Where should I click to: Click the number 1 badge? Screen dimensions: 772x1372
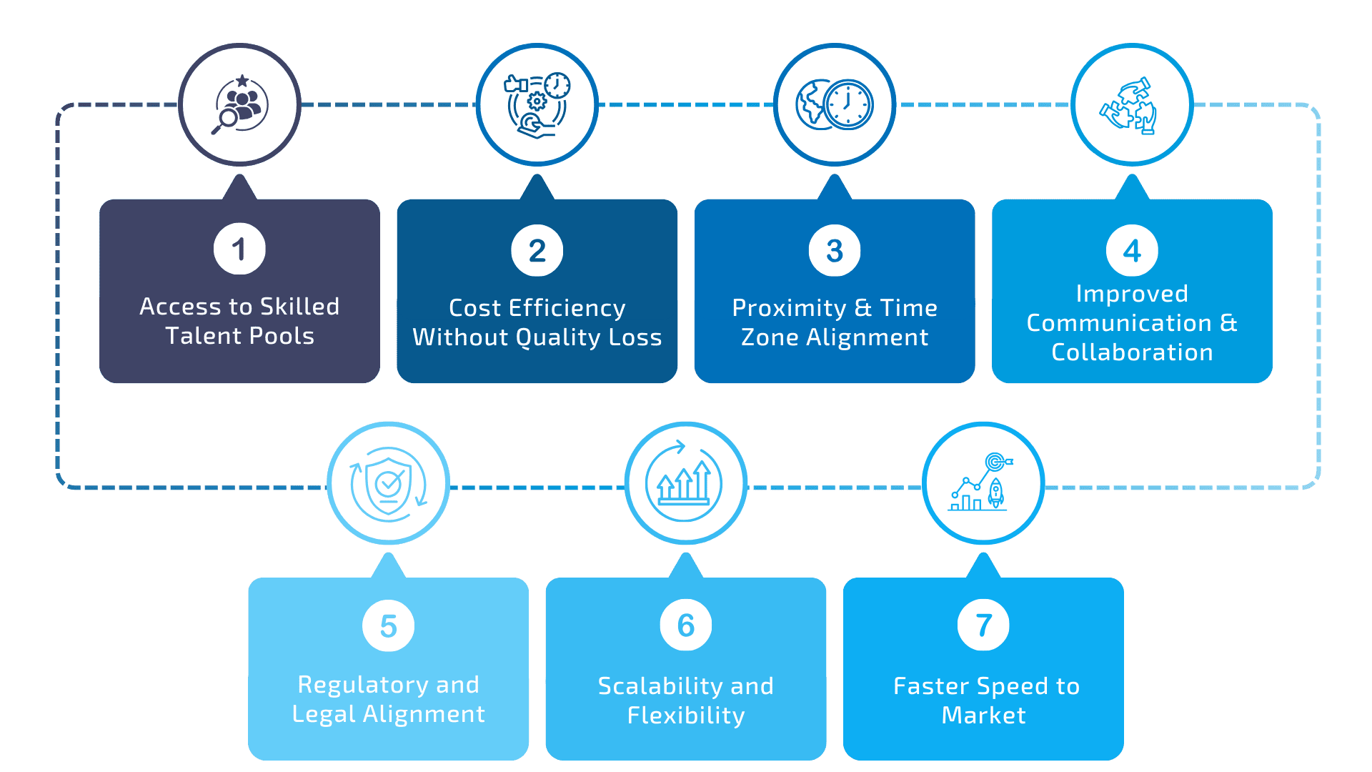(x=239, y=249)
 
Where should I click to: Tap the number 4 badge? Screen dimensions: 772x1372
(x=1132, y=250)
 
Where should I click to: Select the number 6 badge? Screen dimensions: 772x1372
(x=685, y=625)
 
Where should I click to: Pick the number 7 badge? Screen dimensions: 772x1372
(x=983, y=625)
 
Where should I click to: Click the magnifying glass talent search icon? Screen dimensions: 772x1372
(x=240, y=105)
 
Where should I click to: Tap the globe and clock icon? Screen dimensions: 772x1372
(x=835, y=105)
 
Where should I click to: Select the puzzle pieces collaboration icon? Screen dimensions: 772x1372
(x=1131, y=105)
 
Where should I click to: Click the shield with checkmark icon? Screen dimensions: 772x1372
(x=388, y=483)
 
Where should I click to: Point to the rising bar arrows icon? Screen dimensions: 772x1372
(x=685, y=483)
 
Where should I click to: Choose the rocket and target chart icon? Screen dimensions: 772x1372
(x=983, y=483)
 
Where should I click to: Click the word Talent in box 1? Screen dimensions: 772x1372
(x=197, y=336)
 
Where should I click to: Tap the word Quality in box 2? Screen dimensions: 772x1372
(x=557, y=337)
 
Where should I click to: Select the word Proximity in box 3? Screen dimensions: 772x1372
(x=789, y=308)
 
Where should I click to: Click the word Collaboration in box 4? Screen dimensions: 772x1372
(x=1132, y=352)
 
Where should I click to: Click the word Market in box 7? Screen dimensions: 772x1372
(x=983, y=716)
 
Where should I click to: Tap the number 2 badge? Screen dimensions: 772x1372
(x=537, y=250)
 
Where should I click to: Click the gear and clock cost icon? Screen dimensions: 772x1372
(x=537, y=105)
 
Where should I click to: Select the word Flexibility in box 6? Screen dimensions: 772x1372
(x=686, y=716)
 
